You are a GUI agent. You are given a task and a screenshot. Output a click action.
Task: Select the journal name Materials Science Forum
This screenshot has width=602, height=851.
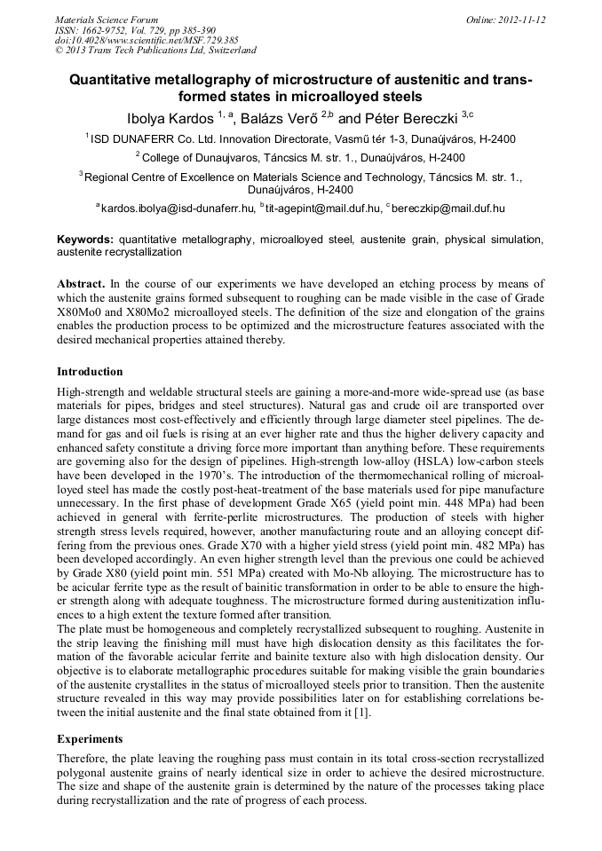pos(107,20)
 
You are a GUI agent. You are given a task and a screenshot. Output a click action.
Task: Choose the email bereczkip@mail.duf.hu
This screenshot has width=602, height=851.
pos(448,209)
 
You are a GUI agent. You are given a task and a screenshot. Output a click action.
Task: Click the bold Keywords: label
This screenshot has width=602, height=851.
pos(85,240)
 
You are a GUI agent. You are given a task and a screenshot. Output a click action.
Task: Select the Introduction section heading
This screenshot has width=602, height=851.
pos(90,371)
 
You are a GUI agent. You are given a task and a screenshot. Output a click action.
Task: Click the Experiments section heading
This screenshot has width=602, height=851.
pos(89,738)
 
